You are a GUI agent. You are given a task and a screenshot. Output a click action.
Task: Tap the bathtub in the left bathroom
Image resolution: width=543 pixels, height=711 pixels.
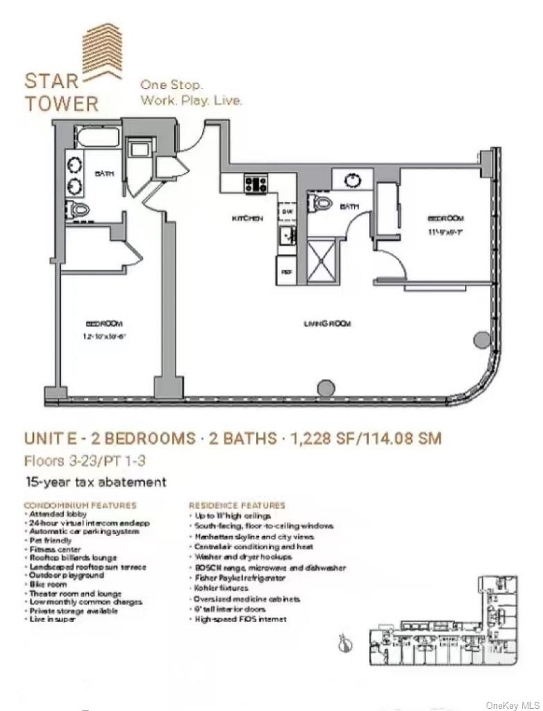coord(98,137)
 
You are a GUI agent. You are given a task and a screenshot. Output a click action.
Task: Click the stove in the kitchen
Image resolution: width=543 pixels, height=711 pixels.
coord(256,184)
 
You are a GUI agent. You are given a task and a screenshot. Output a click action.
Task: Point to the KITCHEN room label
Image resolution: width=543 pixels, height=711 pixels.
coord(247,219)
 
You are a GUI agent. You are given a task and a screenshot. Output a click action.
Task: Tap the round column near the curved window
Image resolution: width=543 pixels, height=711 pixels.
coord(481,339)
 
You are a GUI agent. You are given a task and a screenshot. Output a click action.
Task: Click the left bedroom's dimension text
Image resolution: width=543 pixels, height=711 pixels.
coord(104,337)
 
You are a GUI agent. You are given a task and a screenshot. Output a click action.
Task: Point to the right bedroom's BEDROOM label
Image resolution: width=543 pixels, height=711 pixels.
coord(446,219)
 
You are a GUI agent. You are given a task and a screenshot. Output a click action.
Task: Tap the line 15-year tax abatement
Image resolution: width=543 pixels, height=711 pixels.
coord(96,482)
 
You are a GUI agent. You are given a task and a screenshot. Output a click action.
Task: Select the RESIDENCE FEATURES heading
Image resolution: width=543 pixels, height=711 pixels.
coord(237,505)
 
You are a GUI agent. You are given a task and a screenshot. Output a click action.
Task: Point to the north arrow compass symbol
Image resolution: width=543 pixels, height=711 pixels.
coord(345,643)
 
